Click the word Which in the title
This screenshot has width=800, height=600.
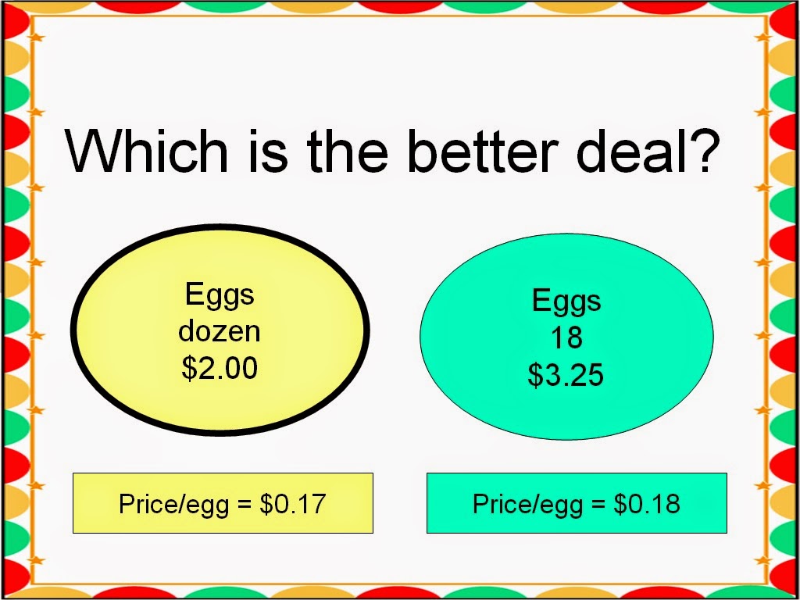pos(146,151)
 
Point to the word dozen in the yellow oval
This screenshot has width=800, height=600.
pos(220,330)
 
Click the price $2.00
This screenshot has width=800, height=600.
pos(220,367)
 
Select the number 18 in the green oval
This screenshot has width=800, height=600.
pos(566,337)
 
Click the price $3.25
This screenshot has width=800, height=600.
pos(566,374)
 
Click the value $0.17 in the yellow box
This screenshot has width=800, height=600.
pos(292,503)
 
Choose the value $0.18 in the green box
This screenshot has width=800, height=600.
pos(646,503)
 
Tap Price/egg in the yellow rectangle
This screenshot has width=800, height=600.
pos(173,505)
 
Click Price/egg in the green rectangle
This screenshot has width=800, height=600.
pos(527,505)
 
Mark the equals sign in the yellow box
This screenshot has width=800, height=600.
pos(245,504)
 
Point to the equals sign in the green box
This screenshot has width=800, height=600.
pos(598,504)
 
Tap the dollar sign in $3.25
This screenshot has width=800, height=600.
pos(536,374)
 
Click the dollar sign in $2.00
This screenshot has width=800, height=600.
pos(189,367)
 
